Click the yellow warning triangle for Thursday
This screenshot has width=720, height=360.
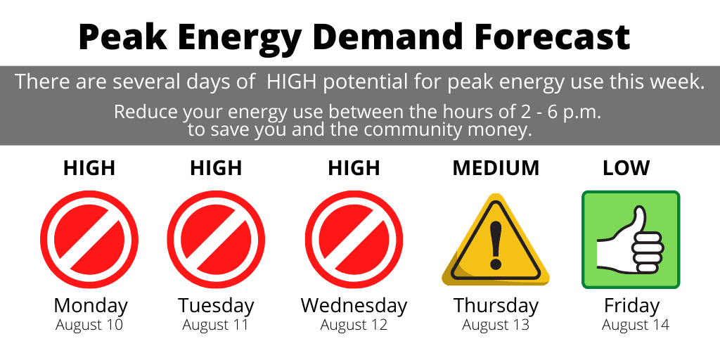coord(496,240)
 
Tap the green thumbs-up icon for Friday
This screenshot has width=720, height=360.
coord(631,240)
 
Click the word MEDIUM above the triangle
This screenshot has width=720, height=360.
coord(496,169)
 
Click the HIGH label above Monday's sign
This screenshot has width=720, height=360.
coord(89,169)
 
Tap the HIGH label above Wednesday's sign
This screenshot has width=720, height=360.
coord(354,169)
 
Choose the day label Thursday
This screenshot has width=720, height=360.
coord(496,306)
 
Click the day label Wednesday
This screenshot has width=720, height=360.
coord(354,306)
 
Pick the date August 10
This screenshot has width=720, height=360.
coord(89,325)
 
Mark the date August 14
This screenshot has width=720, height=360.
coord(636,325)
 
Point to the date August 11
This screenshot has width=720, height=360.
coord(215,325)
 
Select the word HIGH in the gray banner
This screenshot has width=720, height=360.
coord(295,82)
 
